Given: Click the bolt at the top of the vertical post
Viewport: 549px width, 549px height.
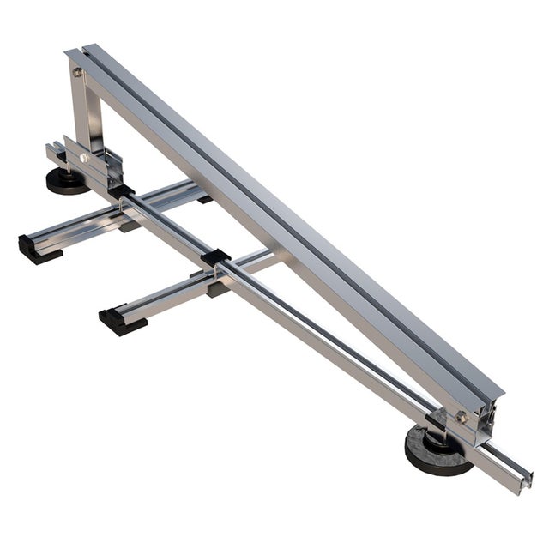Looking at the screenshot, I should [x=78, y=73].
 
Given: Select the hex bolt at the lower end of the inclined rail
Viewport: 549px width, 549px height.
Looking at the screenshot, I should [x=462, y=417].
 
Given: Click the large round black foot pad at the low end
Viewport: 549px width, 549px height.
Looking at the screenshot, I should [x=435, y=451].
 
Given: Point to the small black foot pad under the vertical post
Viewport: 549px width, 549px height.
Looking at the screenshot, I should [x=65, y=181].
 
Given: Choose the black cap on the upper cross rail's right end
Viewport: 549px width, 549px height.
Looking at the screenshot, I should [x=204, y=199].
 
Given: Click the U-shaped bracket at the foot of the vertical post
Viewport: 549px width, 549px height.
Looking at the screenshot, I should [x=101, y=166].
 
